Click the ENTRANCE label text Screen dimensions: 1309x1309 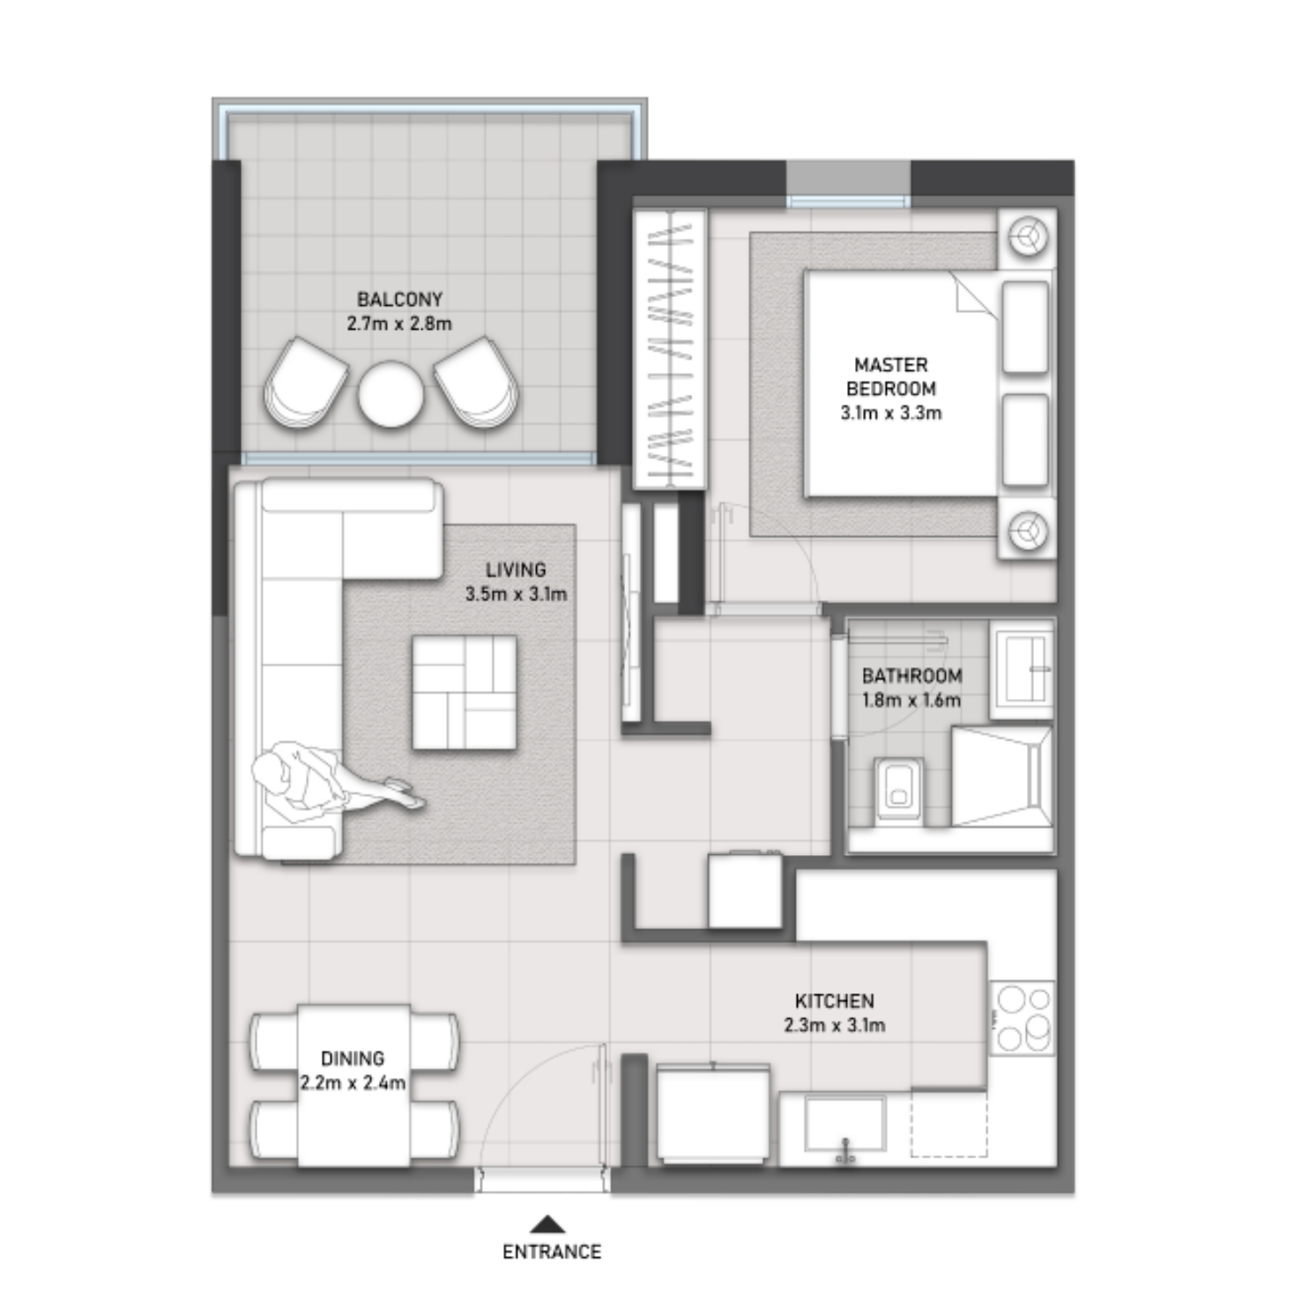[x=552, y=1252]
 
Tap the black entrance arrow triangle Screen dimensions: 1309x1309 [x=548, y=1223]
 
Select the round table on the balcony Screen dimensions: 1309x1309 [x=390, y=394]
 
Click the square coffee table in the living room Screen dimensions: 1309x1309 [x=465, y=693]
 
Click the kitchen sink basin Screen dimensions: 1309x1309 [x=845, y=1124]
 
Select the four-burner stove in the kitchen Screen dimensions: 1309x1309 [x=1023, y=1017]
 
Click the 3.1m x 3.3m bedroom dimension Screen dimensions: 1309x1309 [x=891, y=413]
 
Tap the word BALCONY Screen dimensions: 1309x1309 [x=399, y=300]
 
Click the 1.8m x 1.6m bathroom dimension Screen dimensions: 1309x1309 [x=911, y=701]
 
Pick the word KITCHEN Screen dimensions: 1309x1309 [x=835, y=1001]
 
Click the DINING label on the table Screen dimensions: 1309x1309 [x=353, y=1058]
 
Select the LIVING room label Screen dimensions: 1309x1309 [x=516, y=570]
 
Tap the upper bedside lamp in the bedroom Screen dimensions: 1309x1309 [x=1028, y=237]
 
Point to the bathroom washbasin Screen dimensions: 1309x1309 [x=1023, y=668]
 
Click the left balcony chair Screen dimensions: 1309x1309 [x=305, y=383]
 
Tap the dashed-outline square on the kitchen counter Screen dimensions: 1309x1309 [x=948, y=1124]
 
